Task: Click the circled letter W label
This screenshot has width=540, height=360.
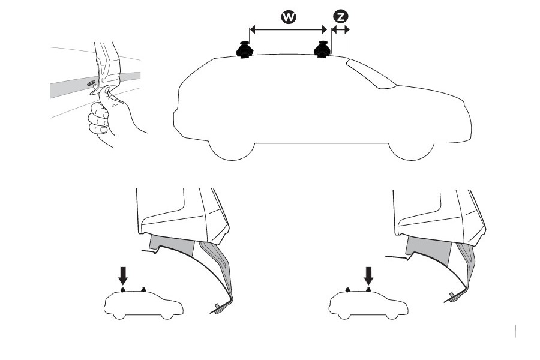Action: [289, 17]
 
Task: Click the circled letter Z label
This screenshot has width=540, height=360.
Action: [341, 17]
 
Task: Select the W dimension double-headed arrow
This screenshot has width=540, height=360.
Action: [288, 29]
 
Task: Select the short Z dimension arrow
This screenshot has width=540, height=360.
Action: [340, 30]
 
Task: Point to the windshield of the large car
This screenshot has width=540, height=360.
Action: [372, 73]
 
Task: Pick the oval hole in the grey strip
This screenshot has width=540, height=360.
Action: [92, 83]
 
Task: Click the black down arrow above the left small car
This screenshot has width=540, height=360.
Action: [123, 275]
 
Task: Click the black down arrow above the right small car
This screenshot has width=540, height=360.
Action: [369, 275]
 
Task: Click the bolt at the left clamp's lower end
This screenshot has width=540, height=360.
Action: [218, 310]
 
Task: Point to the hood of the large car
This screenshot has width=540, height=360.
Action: [430, 92]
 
